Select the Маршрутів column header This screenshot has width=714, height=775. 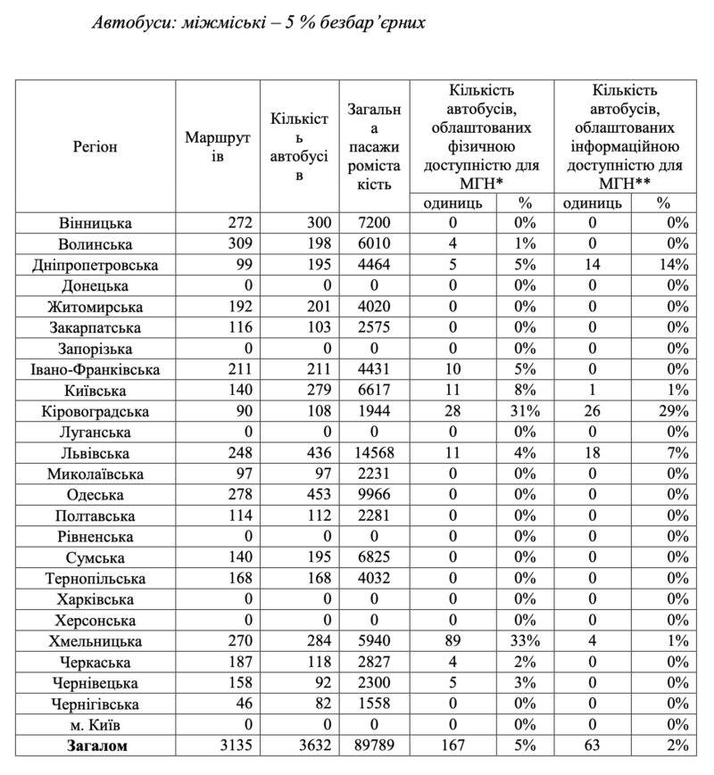[x=217, y=146]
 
